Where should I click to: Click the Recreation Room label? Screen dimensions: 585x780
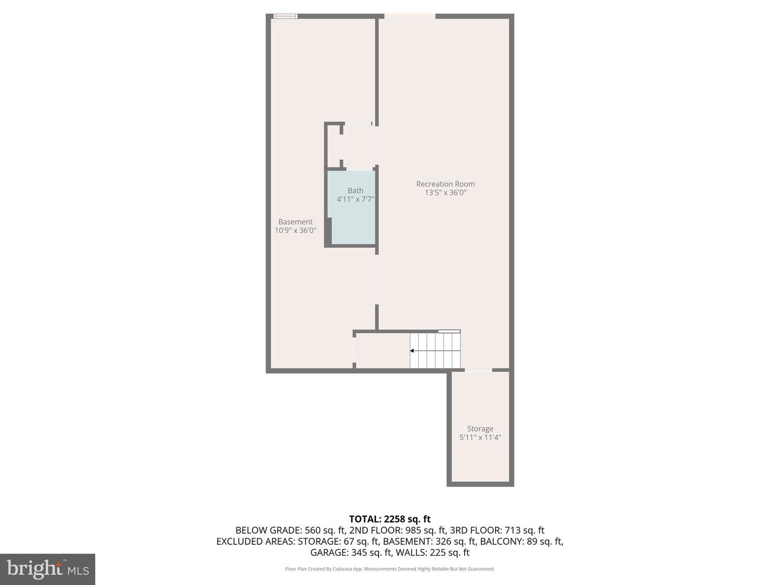445,184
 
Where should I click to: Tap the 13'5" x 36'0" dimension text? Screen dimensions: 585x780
445,193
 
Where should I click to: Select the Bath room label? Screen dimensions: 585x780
355,191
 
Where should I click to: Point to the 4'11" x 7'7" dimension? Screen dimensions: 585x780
355,199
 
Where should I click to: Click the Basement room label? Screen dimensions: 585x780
295,222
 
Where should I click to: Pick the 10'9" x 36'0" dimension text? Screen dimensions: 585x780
295,231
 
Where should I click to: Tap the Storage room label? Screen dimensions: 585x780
480,429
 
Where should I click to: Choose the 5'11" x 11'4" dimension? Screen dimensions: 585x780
480,438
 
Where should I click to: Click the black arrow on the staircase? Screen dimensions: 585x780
412,351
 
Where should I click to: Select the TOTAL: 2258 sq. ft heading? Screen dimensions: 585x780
389,519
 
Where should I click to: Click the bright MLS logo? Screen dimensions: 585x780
48,569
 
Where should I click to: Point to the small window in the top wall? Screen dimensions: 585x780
285,16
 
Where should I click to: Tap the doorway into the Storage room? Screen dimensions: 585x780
479,370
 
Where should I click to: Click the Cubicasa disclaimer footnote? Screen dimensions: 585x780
389,569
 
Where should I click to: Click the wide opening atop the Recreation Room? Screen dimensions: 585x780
409,17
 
